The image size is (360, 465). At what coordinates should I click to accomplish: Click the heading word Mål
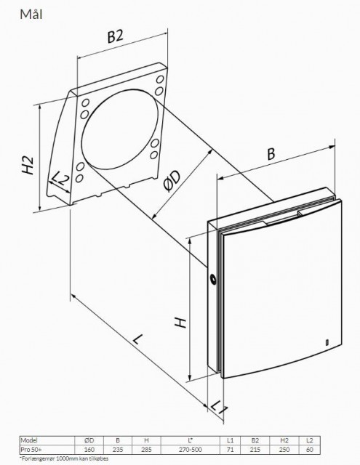coord(31,15)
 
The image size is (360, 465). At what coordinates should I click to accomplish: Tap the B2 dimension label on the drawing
coord(115,36)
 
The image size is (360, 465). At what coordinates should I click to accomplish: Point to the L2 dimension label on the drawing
coord(60,179)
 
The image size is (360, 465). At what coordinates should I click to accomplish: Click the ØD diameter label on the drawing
coord(172,181)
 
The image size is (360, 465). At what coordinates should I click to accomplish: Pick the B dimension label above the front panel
coord(271,154)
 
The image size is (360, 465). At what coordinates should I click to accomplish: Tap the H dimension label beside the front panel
coord(180,323)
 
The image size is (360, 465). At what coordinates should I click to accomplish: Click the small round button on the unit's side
coord(213,279)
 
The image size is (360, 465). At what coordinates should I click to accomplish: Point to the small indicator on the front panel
coord(327,342)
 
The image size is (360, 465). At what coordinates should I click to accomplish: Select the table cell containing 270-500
coord(191,450)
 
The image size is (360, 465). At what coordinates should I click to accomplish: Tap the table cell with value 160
coord(89,450)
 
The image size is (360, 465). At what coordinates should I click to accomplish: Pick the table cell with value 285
coord(146,450)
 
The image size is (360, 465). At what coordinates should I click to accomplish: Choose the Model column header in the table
coord(29,440)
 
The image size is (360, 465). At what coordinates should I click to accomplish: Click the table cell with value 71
coord(230,450)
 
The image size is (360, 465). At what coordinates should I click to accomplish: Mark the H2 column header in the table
coord(284,440)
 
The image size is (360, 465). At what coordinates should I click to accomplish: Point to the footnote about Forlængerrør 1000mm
coord(64,458)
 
